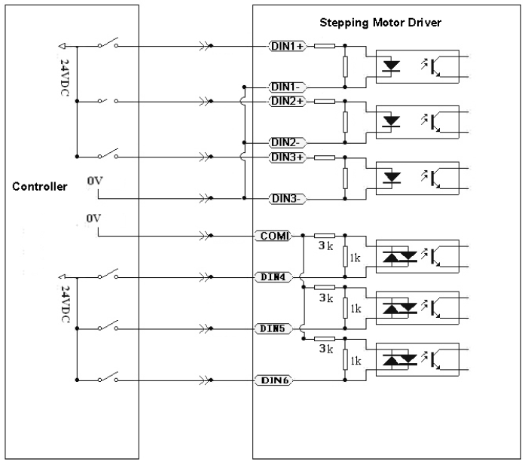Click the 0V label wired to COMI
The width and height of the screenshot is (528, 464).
tap(92, 218)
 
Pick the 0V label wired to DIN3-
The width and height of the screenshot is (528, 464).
tap(92, 182)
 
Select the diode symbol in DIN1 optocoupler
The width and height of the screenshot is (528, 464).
tap(392, 65)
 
